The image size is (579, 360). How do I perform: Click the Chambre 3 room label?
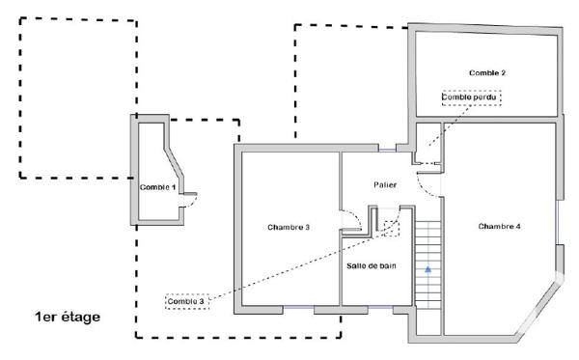coord(288,228)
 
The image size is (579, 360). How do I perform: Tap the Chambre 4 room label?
coord(499,226)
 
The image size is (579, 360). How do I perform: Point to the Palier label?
coord(386,183)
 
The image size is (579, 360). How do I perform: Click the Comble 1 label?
coord(157,187)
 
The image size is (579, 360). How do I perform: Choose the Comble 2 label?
coord(487,72)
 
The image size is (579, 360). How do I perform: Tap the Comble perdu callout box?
coord(473,97)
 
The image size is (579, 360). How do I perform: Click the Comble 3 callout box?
coord(186,301)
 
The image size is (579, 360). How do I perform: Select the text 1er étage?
coord(67,316)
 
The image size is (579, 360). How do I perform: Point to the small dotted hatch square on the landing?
coord(391,228)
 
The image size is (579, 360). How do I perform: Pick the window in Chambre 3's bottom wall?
coord(299,309)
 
